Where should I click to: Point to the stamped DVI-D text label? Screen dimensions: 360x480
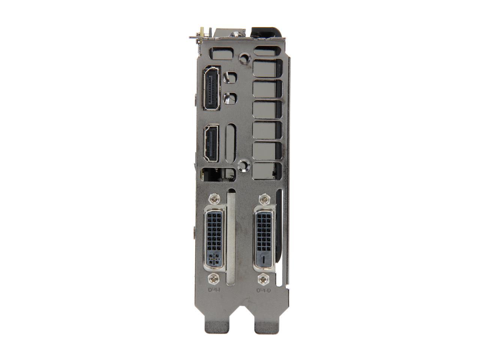pyautogui.click(x=264, y=290)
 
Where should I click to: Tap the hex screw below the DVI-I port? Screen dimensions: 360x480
pyautogui.click(x=214, y=278)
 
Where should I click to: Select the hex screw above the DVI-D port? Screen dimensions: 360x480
pyautogui.click(x=265, y=198)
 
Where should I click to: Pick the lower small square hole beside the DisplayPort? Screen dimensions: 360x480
pyautogui.click(x=230, y=98)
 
